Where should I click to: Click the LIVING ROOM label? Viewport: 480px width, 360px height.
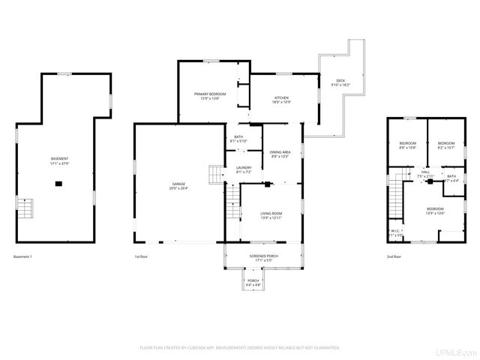pos(271,215)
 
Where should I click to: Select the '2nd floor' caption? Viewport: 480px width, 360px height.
pos(394,257)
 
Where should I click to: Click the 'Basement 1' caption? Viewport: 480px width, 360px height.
pos(23,257)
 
